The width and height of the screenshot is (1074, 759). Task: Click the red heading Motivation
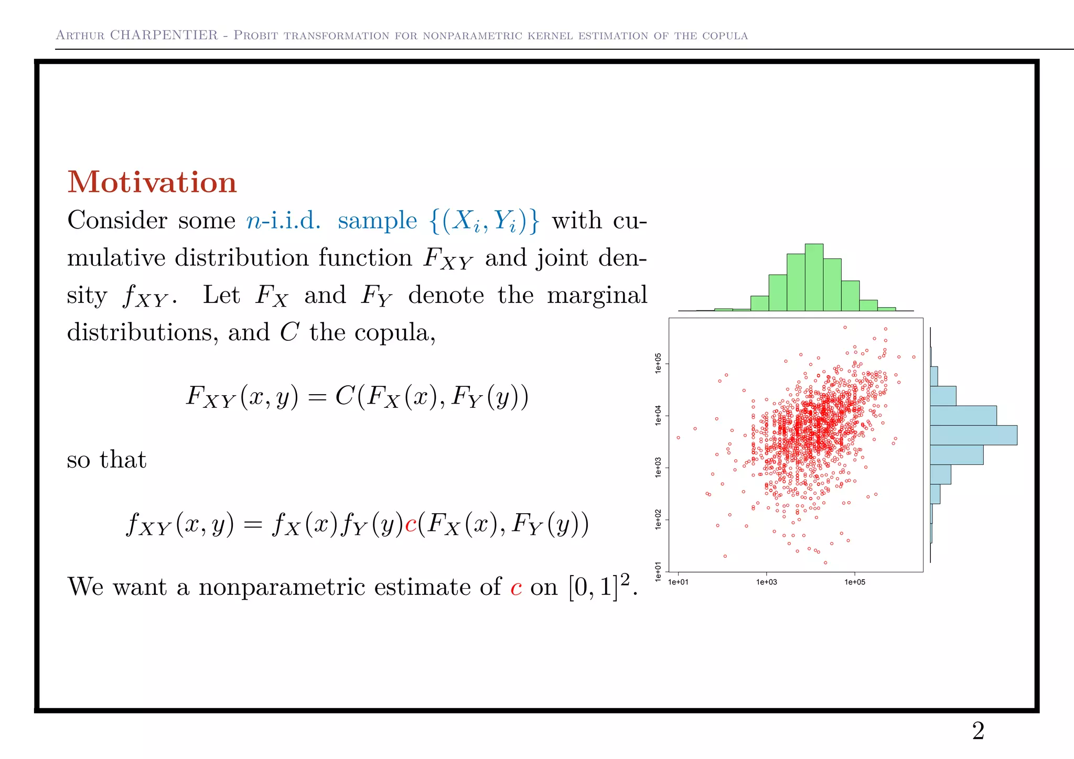click(x=152, y=182)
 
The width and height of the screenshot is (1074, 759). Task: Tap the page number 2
click(x=978, y=731)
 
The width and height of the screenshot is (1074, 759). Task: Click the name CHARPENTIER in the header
click(x=164, y=35)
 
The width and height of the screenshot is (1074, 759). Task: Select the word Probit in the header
click(x=255, y=35)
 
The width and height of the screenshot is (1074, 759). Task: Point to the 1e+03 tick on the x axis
click(x=766, y=582)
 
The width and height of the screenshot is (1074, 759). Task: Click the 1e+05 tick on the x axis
click(x=855, y=582)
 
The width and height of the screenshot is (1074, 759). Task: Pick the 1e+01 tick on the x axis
click(x=678, y=582)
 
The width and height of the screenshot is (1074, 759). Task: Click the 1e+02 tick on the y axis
click(x=659, y=519)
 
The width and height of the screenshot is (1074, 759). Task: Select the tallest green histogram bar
click(x=814, y=278)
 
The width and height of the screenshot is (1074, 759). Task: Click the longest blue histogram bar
click(x=973, y=435)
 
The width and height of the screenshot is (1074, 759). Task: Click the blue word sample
click(x=377, y=220)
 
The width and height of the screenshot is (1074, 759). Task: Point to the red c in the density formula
click(x=411, y=524)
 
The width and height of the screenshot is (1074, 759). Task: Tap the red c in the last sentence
click(x=516, y=587)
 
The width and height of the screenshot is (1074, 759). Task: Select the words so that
click(x=106, y=460)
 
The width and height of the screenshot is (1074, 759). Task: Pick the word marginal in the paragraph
click(x=597, y=295)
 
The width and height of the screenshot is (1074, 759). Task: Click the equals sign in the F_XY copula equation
click(x=317, y=397)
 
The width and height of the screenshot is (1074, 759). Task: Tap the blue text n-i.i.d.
click(x=283, y=220)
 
